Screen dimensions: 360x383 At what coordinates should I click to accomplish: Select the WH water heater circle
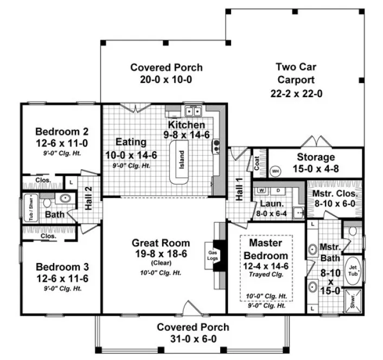(276, 171)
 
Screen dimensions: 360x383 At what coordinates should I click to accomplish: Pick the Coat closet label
(257, 163)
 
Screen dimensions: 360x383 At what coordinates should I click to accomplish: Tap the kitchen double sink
(192, 112)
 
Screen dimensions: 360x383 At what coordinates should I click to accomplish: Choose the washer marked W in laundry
(261, 190)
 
